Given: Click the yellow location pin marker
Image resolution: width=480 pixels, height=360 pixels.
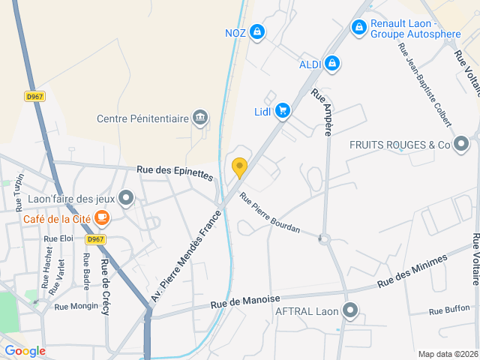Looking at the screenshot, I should pyautogui.click(x=239, y=167).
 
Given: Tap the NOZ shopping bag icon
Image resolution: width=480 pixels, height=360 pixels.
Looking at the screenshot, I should pyautogui.click(x=257, y=31).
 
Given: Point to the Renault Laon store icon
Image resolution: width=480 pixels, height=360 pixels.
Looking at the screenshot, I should pyautogui.click(x=359, y=28).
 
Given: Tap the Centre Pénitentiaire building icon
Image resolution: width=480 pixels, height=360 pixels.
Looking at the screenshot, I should pyautogui.click(x=200, y=118).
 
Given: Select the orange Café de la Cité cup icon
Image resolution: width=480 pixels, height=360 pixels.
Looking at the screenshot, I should pyautogui.click(x=101, y=219).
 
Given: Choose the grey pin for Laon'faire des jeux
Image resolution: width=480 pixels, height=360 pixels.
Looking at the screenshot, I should pyautogui.click(x=126, y=199).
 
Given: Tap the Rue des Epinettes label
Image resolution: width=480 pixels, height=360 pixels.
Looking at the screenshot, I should pyautogui.click(x=175, y=172).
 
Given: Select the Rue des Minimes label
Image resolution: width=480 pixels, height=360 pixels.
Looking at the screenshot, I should pyautogui.click(x=412, y=271).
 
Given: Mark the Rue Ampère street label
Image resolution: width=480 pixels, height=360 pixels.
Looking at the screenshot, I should pyautogui.click(x=323, y=112).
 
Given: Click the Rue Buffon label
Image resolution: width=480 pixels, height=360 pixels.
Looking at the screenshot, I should pyautogui.click(x=449, y=309).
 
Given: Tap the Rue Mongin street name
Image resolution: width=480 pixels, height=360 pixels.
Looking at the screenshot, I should pyautogui.click(x=76, y=306).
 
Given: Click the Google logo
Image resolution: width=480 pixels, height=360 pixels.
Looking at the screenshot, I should pyautogui.click(x=25, y=350).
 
